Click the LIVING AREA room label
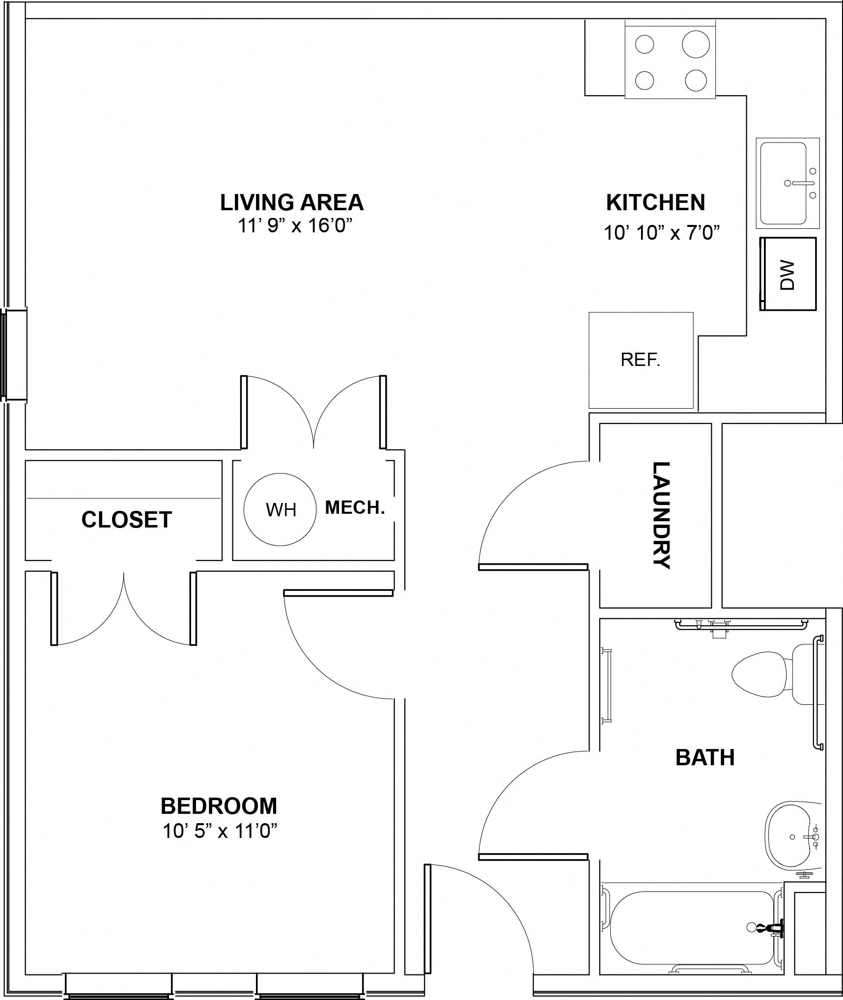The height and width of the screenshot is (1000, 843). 292,202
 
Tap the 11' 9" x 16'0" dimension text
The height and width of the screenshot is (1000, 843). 296,226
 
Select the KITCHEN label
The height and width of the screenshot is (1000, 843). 656,202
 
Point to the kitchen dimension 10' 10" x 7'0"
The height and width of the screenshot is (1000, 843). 662,232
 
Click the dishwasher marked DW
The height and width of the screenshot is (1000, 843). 788,274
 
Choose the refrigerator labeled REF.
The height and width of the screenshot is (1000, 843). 641,360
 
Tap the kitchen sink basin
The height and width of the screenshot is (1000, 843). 784,183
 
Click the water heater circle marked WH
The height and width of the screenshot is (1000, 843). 280,509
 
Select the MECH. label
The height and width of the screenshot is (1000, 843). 355,507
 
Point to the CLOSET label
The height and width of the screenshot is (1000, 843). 127,520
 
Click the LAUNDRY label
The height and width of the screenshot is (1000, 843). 661,515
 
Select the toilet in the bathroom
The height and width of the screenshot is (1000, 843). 770,674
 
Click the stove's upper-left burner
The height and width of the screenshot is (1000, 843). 645,44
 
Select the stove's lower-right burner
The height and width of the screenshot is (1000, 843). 696,80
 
